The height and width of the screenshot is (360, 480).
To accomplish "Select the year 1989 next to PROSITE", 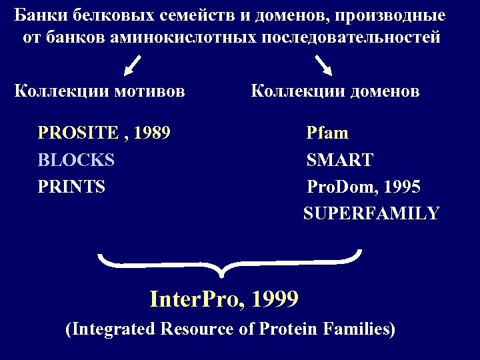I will [x=151, y=133].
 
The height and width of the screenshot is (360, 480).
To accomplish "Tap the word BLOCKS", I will [x=76, y=160].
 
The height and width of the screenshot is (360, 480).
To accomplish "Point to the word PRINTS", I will [x=71, y=187].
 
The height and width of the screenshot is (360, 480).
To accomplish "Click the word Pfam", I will [x=327, y=133].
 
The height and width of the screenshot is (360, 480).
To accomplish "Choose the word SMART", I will [x=339, y=160].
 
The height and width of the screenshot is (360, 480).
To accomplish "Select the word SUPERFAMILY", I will [x=371, y=214].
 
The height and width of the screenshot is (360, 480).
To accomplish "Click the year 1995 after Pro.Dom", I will [x=401, y=187].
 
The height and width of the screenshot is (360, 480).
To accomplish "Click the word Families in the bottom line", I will [x=361, y=329].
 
